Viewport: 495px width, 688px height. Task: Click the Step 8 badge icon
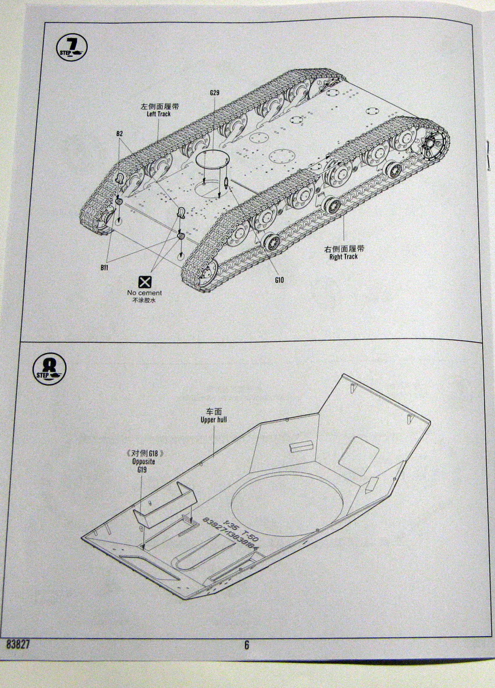pos(49,369)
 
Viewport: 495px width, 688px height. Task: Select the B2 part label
pos(119,134)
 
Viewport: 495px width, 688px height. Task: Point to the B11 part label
pos(104,268)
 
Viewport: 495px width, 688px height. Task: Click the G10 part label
pos(280,280)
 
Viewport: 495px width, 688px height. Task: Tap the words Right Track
pos(343,256)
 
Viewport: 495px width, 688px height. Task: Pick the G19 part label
pos(143,470)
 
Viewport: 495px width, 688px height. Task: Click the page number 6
pos(246,644)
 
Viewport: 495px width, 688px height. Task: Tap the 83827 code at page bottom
pos(19,644)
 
